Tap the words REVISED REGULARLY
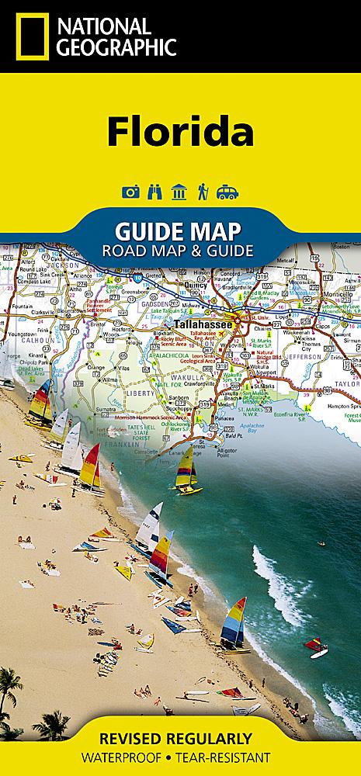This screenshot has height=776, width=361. [180, 737]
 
